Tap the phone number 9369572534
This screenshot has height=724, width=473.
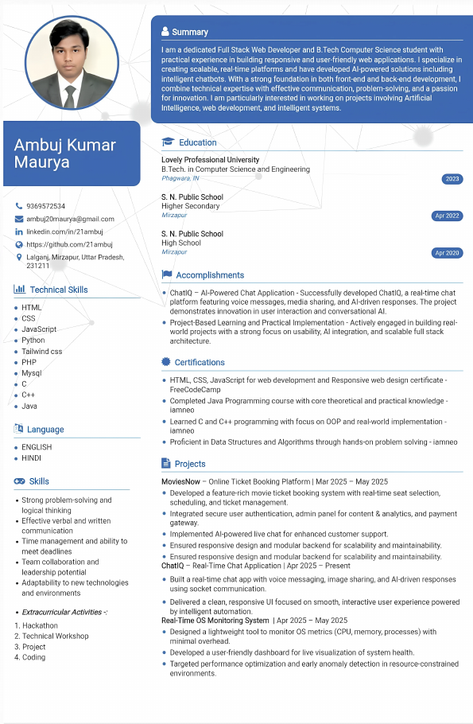[x=45, y=206]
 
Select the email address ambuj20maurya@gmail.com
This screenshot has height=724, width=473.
[x=70, y=219]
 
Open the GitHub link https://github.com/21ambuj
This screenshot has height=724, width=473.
[x=69, y=244]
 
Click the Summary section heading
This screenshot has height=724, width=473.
[x=190, y=32]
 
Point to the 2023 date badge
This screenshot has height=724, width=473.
[x=452, y=179]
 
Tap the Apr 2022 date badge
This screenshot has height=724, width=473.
[x=447, y=216]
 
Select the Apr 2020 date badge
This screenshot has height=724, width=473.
[x=447, y=253]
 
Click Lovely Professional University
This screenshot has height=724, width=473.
[x=210, y=160]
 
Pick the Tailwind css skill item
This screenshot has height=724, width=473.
[x=41, y=351]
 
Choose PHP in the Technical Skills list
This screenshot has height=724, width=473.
[x=29, y=362]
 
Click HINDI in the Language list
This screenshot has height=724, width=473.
[x=32, y=458]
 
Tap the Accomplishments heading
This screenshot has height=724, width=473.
[x=210, y=275]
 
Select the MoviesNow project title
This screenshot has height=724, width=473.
[x=180, y=481]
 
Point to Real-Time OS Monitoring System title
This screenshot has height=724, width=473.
[x=215, y=620]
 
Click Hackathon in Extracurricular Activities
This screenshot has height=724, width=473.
[x=40, y=625]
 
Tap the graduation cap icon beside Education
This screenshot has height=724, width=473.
[x=168, y=142]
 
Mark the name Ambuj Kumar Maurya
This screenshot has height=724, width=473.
[x=64, y=154]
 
